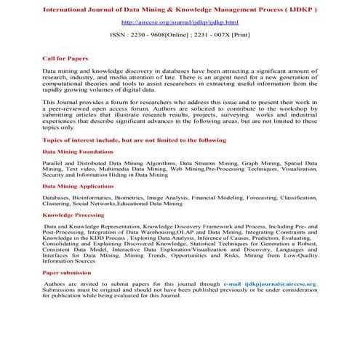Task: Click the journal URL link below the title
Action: [x=180, y=23]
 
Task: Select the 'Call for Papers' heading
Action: [x=63, y=56]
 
